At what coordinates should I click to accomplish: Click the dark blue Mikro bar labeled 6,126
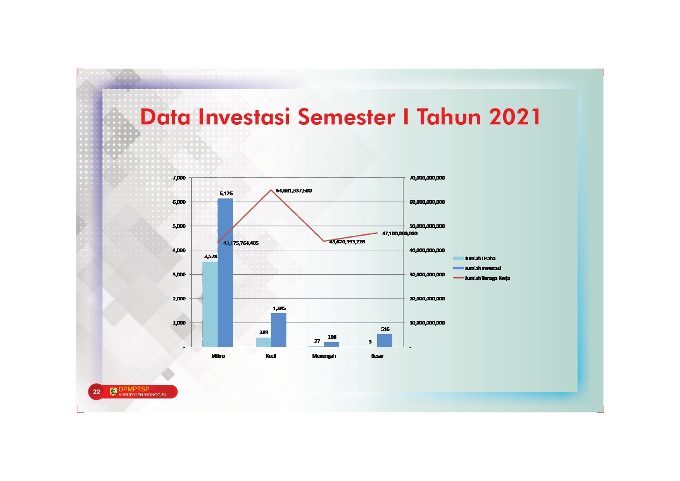pos(225,272)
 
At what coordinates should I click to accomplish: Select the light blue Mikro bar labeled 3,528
pos(210,304)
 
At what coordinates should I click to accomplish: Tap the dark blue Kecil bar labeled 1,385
pos(278,330)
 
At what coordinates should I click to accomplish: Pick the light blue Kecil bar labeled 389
pos(263,342)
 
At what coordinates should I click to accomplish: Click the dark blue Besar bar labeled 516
pos(385,340)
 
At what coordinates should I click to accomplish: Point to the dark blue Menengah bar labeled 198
pos(331,345)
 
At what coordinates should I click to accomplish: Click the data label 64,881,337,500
pos(294,191)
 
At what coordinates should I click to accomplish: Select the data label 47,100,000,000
pos(400,233)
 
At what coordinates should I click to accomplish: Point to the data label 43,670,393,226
pos(347,241)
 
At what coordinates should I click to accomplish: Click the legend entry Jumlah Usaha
pos(475,258)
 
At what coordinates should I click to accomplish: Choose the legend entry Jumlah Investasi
pos(477,268)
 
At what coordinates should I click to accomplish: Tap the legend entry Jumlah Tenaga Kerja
pos(482,278)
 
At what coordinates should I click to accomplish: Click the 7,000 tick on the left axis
pos(179,178)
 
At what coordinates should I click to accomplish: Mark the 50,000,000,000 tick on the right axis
pos(427,226)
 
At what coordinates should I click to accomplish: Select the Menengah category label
pos(324,356)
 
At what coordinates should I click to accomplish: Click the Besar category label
pos(377,356)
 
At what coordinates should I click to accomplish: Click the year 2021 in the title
pos(515,117)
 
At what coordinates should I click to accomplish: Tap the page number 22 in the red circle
pos(97,392)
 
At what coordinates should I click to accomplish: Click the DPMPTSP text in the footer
pos(134,389)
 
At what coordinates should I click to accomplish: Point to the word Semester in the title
pos(347,117)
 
